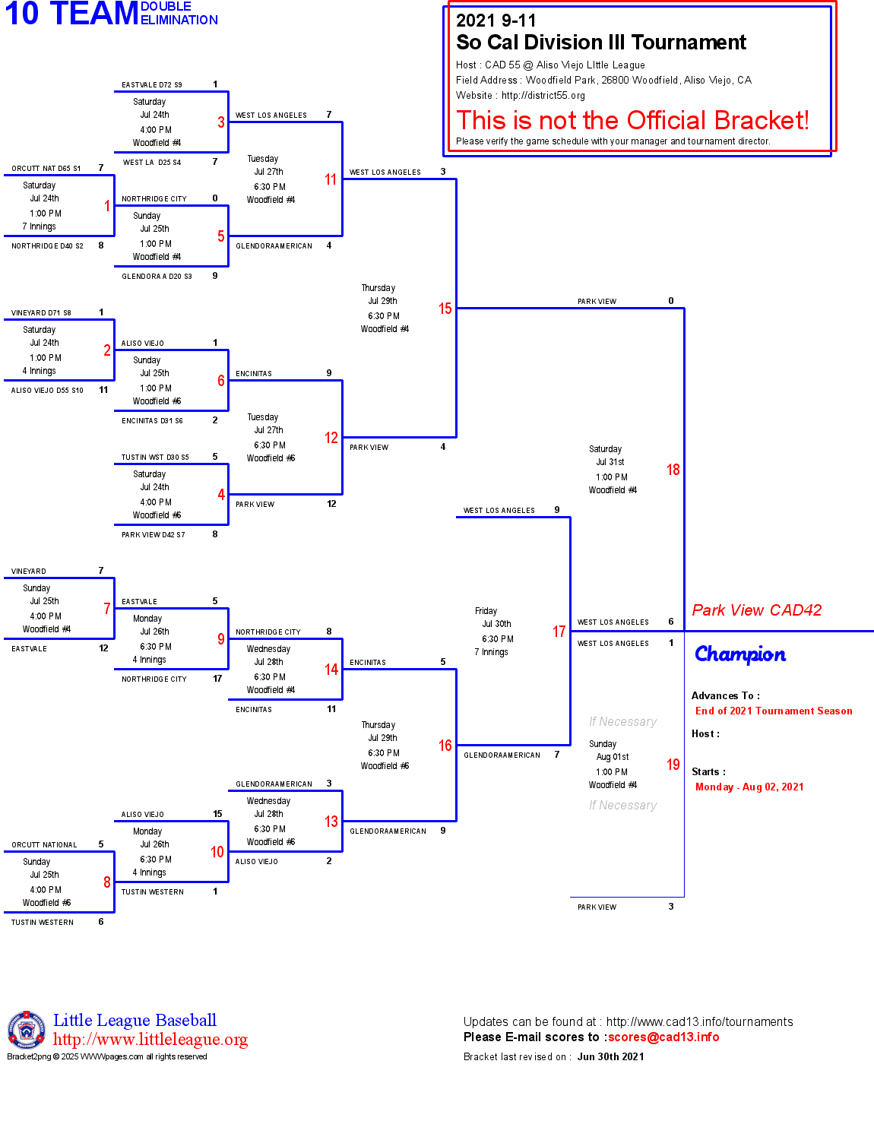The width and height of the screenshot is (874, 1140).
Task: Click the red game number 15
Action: tap(445, 309)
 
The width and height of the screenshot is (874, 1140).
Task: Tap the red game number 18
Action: tap(673, 470)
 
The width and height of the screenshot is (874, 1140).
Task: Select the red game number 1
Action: tap(107, 206)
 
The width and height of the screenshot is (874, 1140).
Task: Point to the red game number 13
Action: tap(331, 822)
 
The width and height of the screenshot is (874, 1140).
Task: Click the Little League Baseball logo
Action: tap(27, 1030)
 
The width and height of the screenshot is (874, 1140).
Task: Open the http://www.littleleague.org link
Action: tap(150, 1040)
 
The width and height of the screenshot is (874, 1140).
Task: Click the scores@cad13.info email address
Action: tap(663, 1037)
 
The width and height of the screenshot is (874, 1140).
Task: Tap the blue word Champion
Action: tap(740, 654)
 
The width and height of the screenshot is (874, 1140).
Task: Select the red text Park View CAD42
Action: tap(757, 610)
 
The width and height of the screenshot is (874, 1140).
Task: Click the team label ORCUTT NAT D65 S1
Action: tap(46, 169)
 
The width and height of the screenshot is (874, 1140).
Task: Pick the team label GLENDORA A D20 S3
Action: tap(157, 277)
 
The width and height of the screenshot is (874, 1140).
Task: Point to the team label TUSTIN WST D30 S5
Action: tap(155, 458)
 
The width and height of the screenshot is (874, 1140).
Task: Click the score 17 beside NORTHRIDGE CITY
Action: tap(217, 679)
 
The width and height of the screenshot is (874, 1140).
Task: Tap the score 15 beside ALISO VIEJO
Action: tap(217, 814)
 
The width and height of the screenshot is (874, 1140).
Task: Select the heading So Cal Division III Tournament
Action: tap(601, 43)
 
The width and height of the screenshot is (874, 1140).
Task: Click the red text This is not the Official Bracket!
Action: tap(632, 120)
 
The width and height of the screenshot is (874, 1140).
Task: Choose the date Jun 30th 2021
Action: tap(610, 1056)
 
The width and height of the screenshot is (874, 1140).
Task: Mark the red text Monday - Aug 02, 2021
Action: tap(749, 787)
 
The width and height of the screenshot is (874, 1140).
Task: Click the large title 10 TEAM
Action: tap(71, 14)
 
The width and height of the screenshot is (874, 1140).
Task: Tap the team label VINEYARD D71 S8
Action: tap(41, 313)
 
